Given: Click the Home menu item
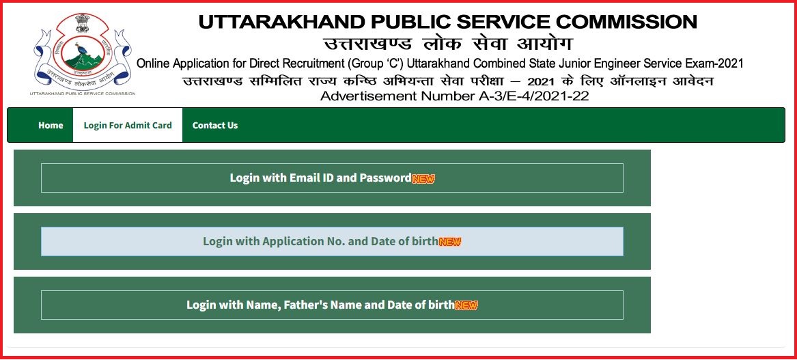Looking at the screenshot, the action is [x=51, y=125].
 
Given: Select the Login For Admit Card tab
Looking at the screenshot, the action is [x=128, y=125].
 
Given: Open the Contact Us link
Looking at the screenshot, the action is [x=215, y=125].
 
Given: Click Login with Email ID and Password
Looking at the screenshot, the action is [x=332, y=178].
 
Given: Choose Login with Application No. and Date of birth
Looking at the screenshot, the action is [x=332, y=242].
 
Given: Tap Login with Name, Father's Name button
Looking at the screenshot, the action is [x=332, y=305].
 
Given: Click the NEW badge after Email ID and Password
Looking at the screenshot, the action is [x=423, y=178].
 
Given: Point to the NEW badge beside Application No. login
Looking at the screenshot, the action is [x=450, y=242].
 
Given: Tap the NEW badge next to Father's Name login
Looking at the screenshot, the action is [x=466, y=305].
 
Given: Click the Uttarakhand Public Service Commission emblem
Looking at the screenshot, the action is [x=83, y=53].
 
